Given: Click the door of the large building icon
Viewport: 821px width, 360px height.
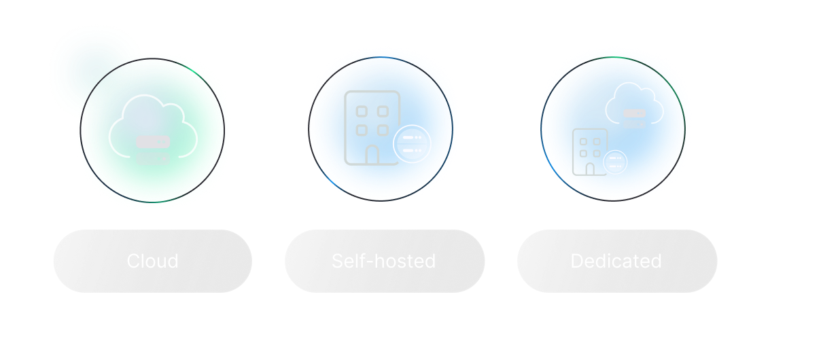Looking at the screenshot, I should (x=372, y=155).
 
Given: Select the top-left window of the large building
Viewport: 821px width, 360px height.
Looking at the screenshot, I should (x=362, y=111).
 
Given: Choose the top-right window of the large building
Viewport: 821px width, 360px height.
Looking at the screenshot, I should (x=383, y=111).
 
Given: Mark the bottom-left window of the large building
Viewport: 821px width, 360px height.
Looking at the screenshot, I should (x=362, y=130).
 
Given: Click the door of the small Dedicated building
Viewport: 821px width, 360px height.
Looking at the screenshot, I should (x=590, y=168).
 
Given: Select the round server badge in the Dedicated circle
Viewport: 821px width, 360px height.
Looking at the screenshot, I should (x=616, y=162).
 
